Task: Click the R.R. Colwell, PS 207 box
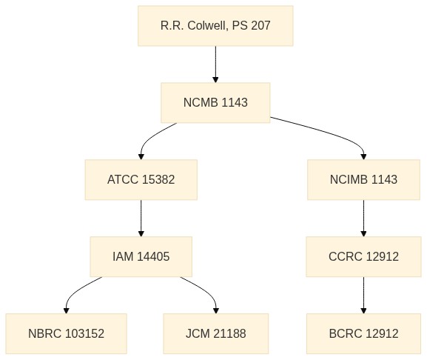(x=215, y=26)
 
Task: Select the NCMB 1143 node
(x=215, y=103)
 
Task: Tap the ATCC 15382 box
(x=141, y=180)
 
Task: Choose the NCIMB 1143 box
(x=363, y=180)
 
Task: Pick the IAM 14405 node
(x=141, y=257)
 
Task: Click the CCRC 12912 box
(x=363, y=257)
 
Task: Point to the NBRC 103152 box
(x=66, y=334)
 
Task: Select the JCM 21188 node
(x=216, y=334)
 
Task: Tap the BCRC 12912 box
(x=363, y=334)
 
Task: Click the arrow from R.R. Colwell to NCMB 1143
(x=215, y=64)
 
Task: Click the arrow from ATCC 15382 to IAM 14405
(x=141, y=219)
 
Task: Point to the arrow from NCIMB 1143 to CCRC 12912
(x=363, y=219)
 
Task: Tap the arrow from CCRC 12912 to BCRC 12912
(x=363, y=295)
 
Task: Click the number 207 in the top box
(x=260, y=26)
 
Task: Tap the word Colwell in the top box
(x=208, y=26)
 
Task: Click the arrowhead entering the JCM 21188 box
(x=216, y=310)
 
